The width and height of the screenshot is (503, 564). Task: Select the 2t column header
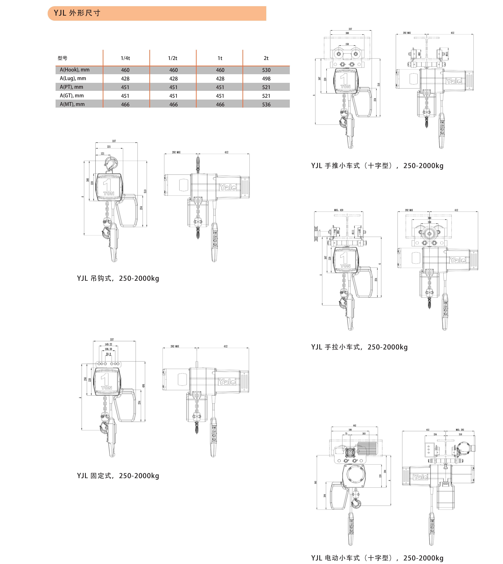pos(266,58)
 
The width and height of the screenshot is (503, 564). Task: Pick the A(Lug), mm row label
pos(73,79)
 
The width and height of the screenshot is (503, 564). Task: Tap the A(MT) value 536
pos(266,105)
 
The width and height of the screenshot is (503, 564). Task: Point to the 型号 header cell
pos(62,58)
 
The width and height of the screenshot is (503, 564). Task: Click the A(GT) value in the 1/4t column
pos(125,96)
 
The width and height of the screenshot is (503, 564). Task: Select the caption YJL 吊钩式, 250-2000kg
pos(118,278)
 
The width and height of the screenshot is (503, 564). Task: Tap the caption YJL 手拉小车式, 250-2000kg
pos(359,347)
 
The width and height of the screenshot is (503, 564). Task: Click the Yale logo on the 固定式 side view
pos(227,382)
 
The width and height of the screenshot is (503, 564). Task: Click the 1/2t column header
pos(173,58)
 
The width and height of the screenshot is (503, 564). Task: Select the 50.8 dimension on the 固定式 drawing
pos(108,354)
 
